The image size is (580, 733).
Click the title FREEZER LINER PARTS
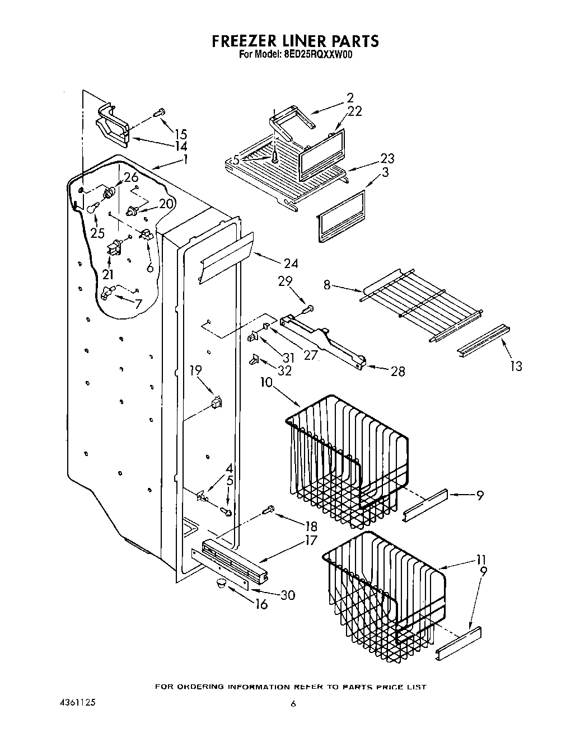click(294, 41)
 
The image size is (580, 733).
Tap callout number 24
click(291, 264)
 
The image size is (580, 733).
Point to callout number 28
click(397, 370)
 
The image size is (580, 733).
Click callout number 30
click(287, 595)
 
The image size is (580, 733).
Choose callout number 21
click(107, 274)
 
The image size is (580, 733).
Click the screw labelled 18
click(269, 509)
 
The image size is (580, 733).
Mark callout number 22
click(354, 111)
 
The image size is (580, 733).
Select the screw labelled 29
click(308, 308)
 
